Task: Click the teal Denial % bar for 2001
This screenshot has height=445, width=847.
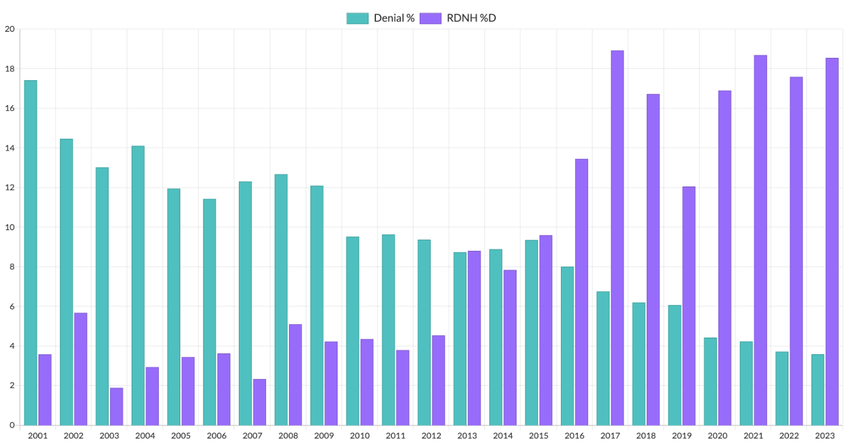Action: pos(30,253)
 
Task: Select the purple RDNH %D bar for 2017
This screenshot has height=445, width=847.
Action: pos(617,238)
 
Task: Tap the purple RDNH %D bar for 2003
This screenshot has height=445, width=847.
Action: pos(116,406)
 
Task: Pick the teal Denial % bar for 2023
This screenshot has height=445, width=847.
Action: pos(817,390)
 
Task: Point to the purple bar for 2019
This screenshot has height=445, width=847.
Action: pos(689,306)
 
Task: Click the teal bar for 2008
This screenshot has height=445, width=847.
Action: pos(281,300)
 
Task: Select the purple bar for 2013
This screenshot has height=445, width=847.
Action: pos(474,338)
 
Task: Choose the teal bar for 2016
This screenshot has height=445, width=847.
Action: pos(567,346)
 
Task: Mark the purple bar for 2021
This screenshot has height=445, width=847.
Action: pos(760,240)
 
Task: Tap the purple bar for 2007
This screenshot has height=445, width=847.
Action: pos(259,402)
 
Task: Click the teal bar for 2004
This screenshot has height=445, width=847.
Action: pos(138,286)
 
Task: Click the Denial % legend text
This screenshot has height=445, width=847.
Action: pos(394,18)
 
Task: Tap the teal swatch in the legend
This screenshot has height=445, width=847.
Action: pos(357,18)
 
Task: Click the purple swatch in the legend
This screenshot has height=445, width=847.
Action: pos(430,18)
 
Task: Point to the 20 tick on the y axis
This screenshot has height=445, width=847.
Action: pos(9,29)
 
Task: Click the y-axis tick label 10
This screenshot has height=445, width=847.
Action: pos(9,227)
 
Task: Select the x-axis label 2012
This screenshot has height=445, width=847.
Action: pos(431,436)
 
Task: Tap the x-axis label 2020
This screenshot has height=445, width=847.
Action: pos(717,436)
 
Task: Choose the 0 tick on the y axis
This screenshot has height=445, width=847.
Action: pos(11,425)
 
